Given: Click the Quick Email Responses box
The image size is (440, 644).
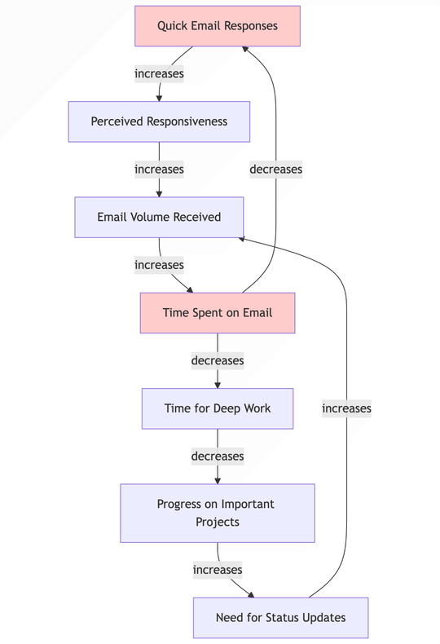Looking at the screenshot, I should (x=218, y=26).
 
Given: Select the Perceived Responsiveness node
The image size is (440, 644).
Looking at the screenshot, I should (x=159, y=121).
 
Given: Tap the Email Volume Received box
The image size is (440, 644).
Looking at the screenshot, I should (x=159, y=217).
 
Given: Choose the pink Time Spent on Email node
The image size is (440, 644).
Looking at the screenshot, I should (x=218, y=313).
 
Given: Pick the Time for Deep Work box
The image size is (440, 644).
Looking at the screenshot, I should (x=218, y=408).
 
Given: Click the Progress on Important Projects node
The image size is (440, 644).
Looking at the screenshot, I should (x=218, y=513).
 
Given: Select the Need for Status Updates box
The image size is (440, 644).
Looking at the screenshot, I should (x=280, y=617).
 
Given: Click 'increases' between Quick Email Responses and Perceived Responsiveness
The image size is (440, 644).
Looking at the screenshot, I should (x=159, y=73).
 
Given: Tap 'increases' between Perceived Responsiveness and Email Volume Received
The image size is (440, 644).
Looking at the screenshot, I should (x=159, y=170).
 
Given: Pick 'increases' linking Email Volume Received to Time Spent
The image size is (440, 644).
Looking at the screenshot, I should (x=159, y=265).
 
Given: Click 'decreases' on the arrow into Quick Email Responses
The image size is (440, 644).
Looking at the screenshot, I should (x=275, y=170).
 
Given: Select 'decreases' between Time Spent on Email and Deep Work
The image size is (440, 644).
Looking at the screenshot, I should (x=218, y=360).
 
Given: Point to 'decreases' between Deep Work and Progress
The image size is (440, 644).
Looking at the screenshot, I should (x=218, y=457).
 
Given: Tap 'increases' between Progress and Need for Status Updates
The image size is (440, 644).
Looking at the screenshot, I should (x=218, y=570).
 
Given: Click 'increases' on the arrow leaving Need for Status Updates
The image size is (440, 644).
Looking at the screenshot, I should (x=346, y=408).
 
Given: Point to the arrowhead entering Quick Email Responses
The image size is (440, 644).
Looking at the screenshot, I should (x=244, y=50).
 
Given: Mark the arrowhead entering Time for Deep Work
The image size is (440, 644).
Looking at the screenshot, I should (x=218, y=384).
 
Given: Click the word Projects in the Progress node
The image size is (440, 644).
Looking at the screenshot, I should (x=218, y=522).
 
